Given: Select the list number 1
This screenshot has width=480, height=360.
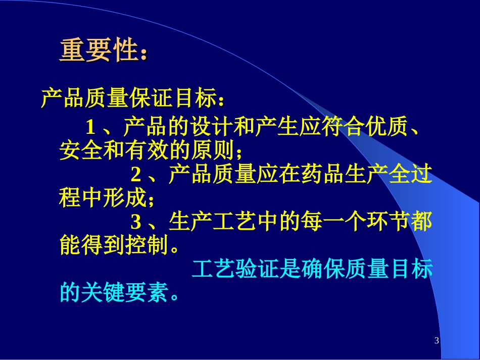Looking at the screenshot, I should [90, 126].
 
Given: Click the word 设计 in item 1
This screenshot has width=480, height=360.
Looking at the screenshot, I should [213, 126].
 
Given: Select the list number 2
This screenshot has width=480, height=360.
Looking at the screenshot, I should [136, 175].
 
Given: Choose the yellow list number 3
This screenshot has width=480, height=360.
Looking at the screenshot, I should [136, 223].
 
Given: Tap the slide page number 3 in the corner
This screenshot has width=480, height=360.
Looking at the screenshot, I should [437, 341].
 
